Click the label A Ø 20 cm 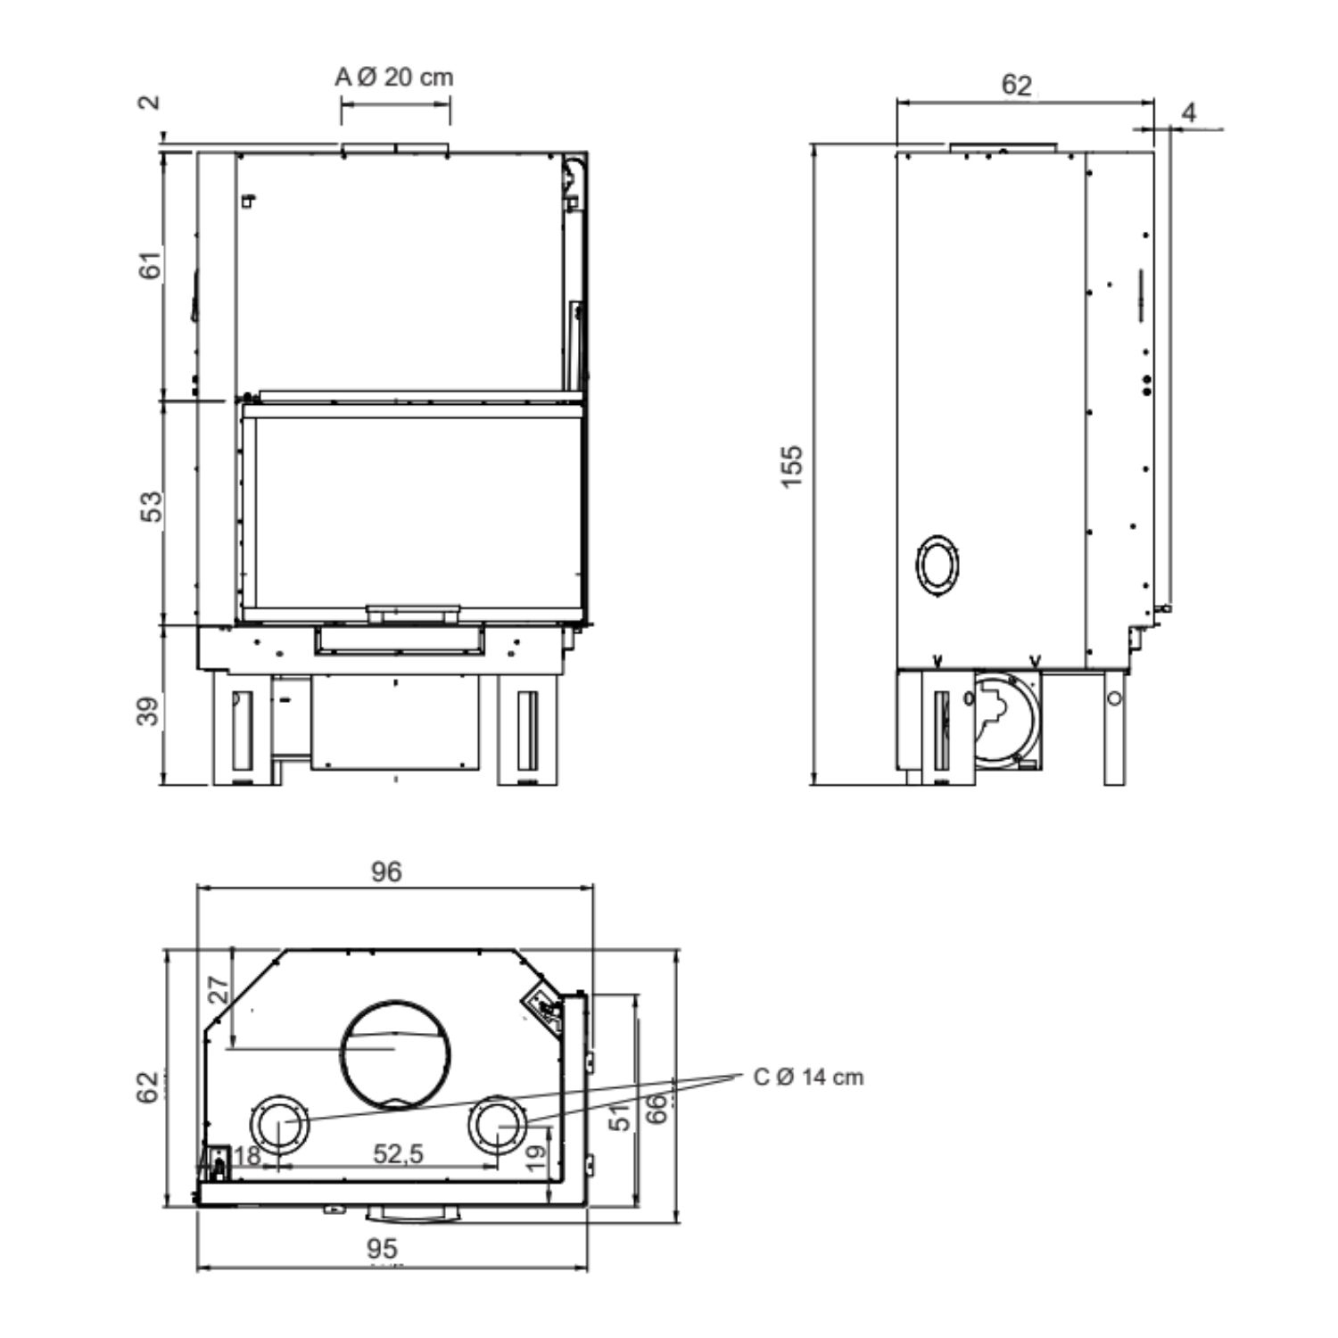[394, 78]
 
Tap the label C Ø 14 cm [808, 1077]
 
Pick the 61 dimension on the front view [152, 264]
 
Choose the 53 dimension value [153, 507]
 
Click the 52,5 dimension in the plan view [398, 1154]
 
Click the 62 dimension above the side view [1017, 85]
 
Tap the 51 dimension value [622, 1114]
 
